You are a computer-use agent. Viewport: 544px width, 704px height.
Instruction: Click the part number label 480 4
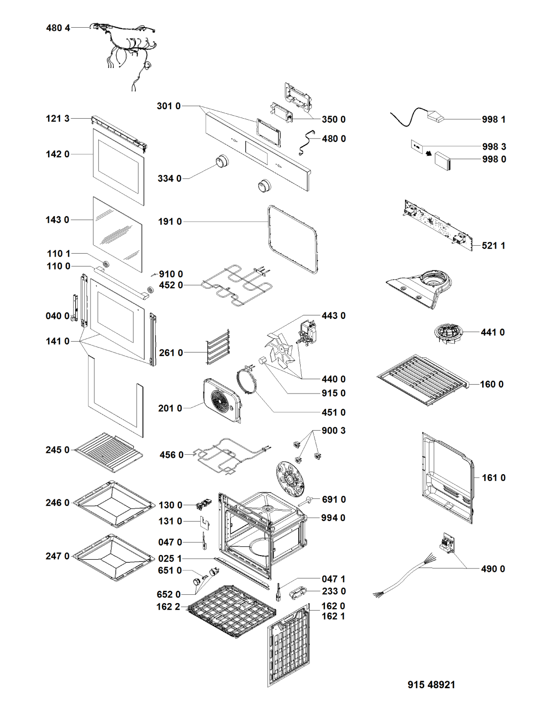58,28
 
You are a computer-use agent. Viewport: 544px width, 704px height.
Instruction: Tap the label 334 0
169,178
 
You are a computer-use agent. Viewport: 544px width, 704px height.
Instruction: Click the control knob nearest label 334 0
221,162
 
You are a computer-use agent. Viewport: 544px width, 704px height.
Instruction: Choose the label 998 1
494,120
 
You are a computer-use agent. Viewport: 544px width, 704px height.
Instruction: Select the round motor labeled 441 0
447,333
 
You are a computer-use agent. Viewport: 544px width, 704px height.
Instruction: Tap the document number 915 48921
431,685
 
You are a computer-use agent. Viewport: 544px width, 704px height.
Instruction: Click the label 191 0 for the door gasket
170,222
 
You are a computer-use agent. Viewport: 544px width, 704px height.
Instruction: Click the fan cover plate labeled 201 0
222,399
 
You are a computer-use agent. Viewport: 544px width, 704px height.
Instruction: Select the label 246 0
57,503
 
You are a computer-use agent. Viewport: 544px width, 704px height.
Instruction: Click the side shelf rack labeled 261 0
218,348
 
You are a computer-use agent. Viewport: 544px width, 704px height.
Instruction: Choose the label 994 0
333,518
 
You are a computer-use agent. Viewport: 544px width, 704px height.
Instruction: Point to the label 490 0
493,569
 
